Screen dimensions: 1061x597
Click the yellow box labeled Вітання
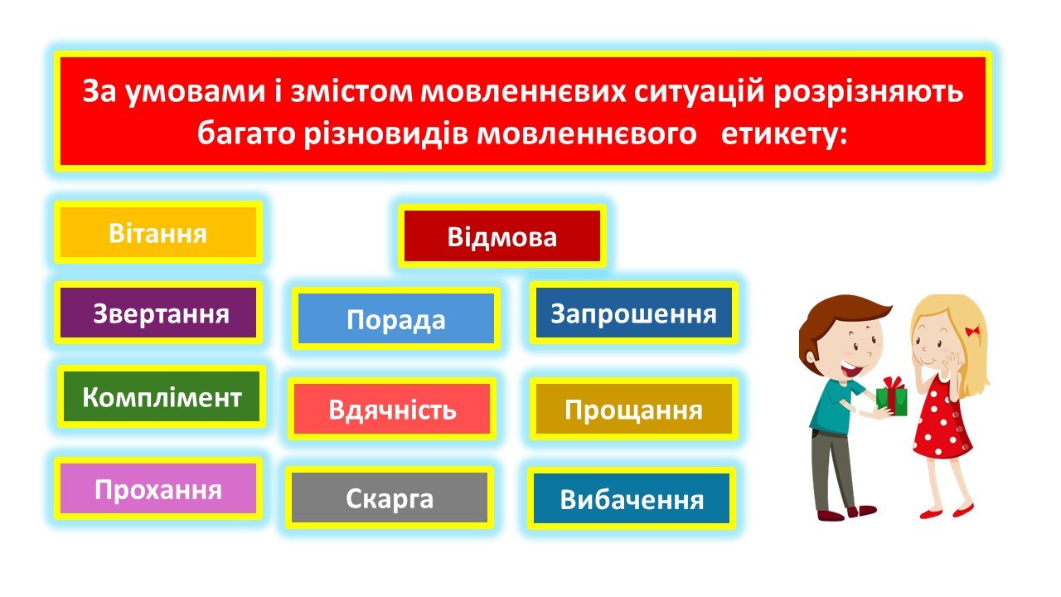[158, 233]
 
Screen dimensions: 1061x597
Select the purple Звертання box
[158, 313]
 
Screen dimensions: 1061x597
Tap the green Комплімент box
[162, 396]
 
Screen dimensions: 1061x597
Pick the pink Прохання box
[158, 488]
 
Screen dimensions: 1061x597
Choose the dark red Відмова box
[502, 236]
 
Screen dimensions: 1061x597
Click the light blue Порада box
[396, 318]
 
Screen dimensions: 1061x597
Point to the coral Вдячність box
[392, 409]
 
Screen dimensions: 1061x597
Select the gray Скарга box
[390, 498]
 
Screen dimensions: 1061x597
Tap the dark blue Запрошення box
[634, 313]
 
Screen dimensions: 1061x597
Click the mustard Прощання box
[634, 409]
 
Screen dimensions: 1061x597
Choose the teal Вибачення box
[632, 498]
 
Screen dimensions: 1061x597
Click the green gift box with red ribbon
[891, 397]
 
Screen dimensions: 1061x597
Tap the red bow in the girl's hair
[972, 330]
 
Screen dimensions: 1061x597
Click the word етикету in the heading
[783, 134]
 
